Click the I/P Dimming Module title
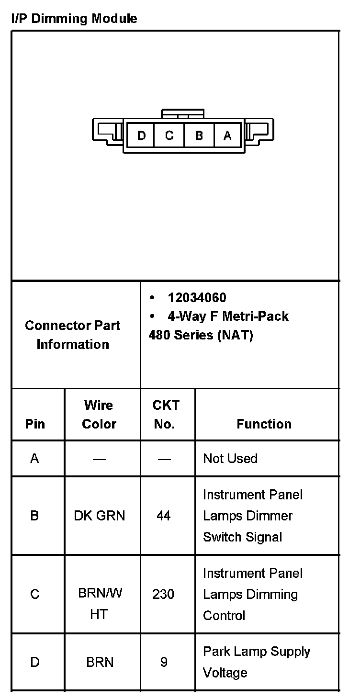[74, 19]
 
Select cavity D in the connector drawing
[141, 135]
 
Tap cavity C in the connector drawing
[169, 135]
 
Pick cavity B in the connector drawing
[199, 135]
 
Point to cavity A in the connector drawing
[228, 135]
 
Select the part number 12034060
[197, 298]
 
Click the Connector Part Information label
[73, 335]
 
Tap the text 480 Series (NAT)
[201, 335]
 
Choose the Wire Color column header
[99, 415]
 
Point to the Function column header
[264, 424]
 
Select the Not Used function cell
[230, 458]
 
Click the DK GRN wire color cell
[99, 516]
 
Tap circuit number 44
[164, 516]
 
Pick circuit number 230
[163, 594]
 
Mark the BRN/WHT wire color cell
[100, 603]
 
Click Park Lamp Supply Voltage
[256, 662]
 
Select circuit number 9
[164, 662]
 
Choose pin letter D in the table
[34, 662]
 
